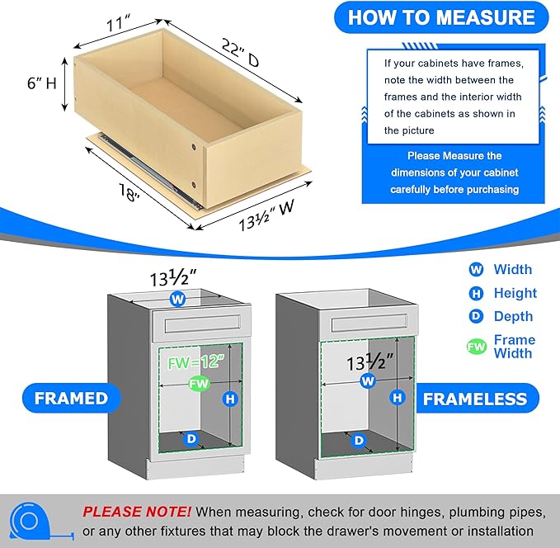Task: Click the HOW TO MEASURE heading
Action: click(x=440, y=17)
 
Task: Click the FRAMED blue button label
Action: click(x=71, y=398)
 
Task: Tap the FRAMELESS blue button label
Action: click(x=474, y=399)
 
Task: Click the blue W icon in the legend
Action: click(x=476, y=269)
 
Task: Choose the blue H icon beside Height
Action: click(x=476, y=293)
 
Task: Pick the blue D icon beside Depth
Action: click(x=476, y=316)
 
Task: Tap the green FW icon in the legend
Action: click(x=476, y=347)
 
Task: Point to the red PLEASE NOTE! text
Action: click(x=137, y=512)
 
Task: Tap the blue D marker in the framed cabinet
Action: click(x=191, y=439)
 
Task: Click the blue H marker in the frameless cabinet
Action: click(x=398, y=398)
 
